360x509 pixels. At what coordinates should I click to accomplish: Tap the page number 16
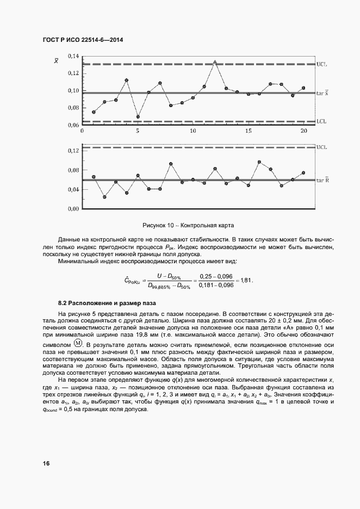46,463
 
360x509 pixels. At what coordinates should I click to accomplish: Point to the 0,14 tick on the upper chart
73,56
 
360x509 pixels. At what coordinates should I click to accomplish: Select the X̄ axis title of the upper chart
56,60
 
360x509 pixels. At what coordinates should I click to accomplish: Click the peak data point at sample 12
215,62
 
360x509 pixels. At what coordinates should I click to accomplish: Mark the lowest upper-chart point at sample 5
138,116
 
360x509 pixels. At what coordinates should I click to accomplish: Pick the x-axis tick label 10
193,132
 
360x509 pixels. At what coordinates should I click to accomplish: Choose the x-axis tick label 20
303,132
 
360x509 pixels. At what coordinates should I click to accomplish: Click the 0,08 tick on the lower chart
73,170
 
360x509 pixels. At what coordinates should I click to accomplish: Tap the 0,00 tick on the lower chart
73,209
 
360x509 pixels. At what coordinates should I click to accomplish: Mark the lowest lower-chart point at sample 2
104,196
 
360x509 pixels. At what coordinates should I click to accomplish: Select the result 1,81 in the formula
246,280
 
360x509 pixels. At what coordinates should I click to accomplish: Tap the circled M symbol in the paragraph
78,344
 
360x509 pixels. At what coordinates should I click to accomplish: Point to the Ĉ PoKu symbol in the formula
132,281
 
